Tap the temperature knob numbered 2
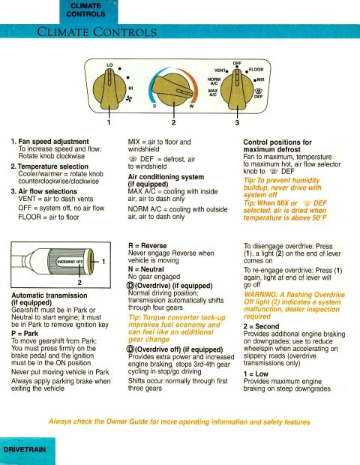pos(174,90)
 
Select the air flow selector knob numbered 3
pos(237,91)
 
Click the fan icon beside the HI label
pos(129,99)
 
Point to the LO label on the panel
pos(109,65)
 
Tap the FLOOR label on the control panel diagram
pos(256,70)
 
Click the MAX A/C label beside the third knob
pos(213,92)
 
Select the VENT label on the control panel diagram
pos(220,70)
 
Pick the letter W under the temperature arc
pos(191,106)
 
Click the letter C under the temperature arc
pos(154,106)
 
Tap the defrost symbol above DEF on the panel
pos(259,91)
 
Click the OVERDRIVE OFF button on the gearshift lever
pos(70,262)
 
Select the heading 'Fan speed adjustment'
pos(53,142)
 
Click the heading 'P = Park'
pos(25,333)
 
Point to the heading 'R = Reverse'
pos(148,245)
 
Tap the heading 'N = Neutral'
pos(146,269)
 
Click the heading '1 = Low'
pos(256,374)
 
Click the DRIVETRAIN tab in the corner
pos(25,449)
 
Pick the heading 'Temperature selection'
pos(52,166)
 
